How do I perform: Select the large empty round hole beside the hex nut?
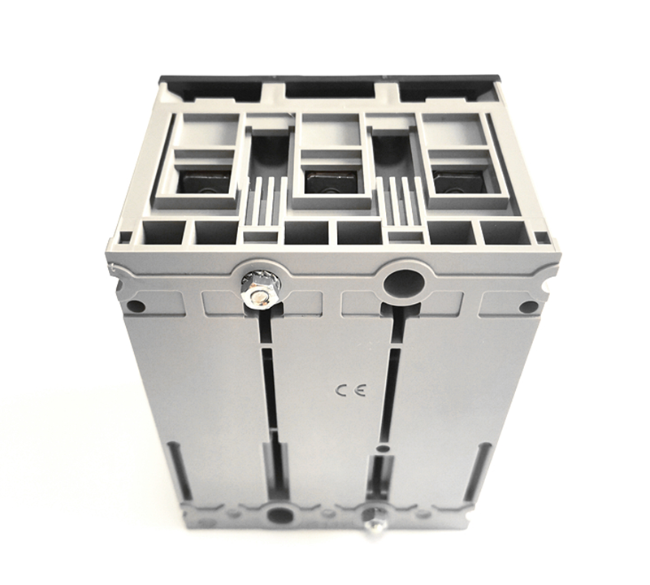(404, 284)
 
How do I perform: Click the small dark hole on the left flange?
(136, 306)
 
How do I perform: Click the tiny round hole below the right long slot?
(380, 447)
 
